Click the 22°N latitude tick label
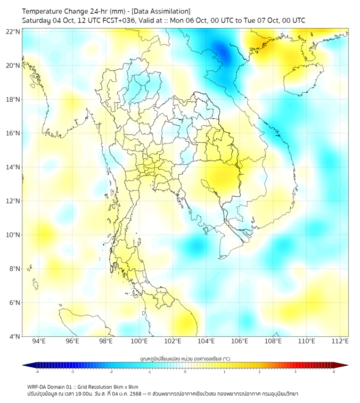coord(14,31)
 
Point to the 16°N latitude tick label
coord(14,133)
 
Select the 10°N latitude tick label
coord(14,235)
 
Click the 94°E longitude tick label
coord(39,342)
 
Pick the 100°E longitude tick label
coord(140,342)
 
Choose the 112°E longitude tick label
coord(341,342)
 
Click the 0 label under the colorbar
coord(185,372)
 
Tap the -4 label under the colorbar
coord(36,372)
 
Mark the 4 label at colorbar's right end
coord(334,372)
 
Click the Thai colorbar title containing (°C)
coord(185,358)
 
